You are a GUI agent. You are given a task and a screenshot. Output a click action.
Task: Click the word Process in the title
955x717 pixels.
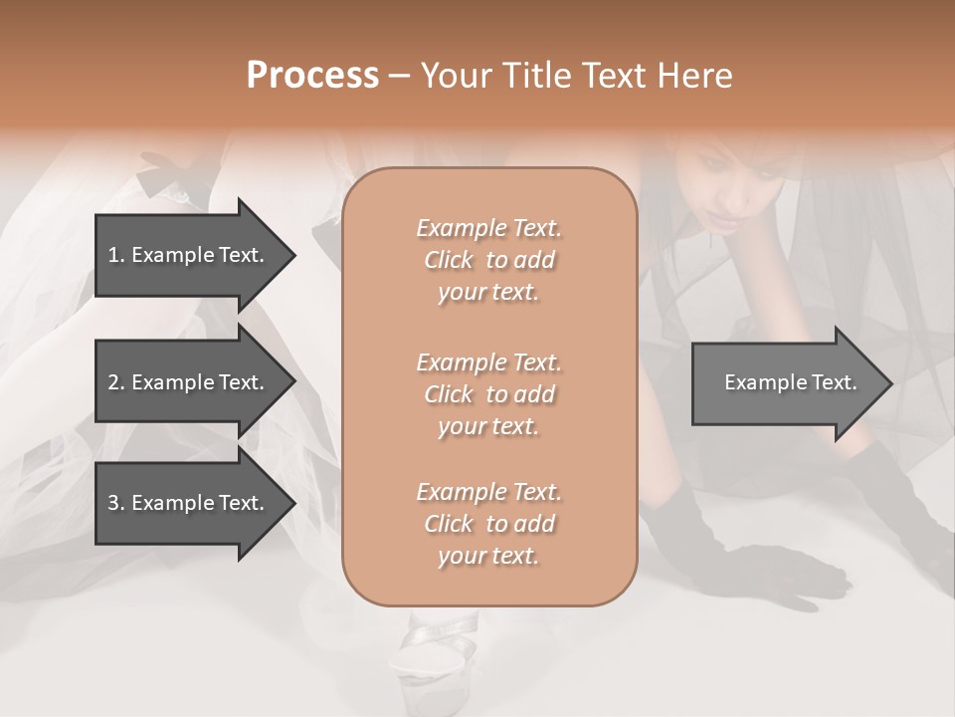point(312,76)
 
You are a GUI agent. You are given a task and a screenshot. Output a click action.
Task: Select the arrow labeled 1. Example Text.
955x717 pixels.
point(189,255)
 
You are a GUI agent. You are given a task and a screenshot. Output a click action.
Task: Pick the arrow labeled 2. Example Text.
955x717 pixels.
point(189,382)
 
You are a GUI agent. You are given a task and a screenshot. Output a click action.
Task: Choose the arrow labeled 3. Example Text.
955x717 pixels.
point(189,503)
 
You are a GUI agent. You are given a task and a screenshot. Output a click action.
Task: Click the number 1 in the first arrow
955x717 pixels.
point(113,255)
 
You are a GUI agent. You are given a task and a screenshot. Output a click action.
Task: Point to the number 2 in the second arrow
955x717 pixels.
point(113,382)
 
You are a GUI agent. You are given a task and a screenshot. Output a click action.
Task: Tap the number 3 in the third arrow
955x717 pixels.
point(113,503)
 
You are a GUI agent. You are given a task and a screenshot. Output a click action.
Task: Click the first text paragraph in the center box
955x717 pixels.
point(488,260)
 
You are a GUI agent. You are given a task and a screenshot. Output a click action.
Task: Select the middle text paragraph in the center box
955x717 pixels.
point(488,394)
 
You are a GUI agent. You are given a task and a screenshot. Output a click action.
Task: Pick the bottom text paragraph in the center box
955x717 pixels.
point(488,524)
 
